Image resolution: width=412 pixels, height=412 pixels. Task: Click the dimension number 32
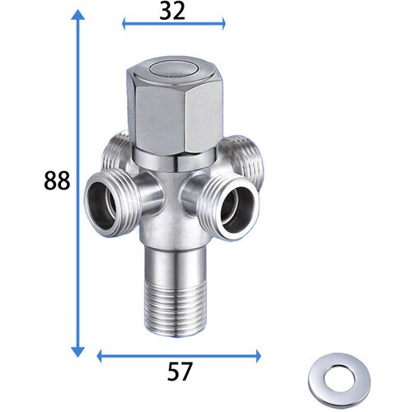(x=172, y=12)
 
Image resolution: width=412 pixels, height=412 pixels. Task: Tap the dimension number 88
(x=57, y=180)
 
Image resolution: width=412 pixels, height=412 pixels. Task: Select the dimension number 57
(x=180, y=372)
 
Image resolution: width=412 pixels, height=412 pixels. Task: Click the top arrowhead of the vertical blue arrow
(x=78, y=16)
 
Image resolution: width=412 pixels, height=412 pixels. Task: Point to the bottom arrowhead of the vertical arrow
(x=78, y=352)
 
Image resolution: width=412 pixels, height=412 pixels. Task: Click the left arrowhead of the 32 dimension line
(x=125, y=24)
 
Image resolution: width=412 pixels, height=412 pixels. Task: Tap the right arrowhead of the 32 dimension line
(x=222, y=24)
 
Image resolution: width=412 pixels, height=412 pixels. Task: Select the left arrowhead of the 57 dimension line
(x=100, y=356)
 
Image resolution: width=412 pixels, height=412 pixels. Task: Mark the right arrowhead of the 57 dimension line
(x=258, y=356)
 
